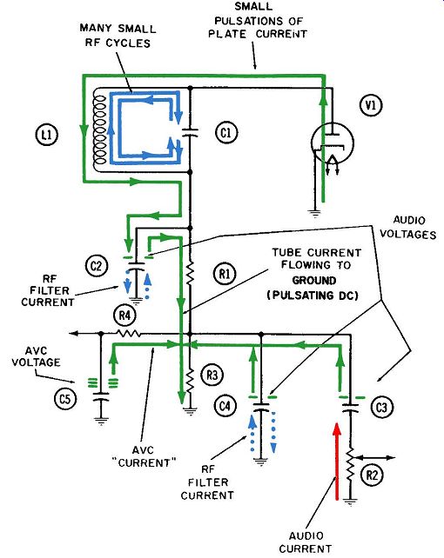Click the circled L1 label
[x=47, y=135]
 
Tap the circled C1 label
[x=226, y=133]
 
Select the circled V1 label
[x=371, y=105]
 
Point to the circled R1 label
[x=225, y=274]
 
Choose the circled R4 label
[x=124, y=315]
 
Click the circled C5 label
[x=64, y=399]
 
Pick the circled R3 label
[x=212, y=375]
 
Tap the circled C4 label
[x=225, y=406]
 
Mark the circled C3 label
[x=381, y=407]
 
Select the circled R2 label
[x=372, y=475]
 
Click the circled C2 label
[x=97, y=266]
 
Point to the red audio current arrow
[x=336, y=462]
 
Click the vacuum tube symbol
[x=332, y=143]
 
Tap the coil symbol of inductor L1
[x=99, y=130]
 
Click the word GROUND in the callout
[x=314, y=281]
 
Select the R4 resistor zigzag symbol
[x=129, y=334]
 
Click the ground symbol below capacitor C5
[x=101, y=422]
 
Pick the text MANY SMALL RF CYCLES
[x=118, y=36]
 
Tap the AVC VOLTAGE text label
[x=36, y=357]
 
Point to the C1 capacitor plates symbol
[x=190, y=132]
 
